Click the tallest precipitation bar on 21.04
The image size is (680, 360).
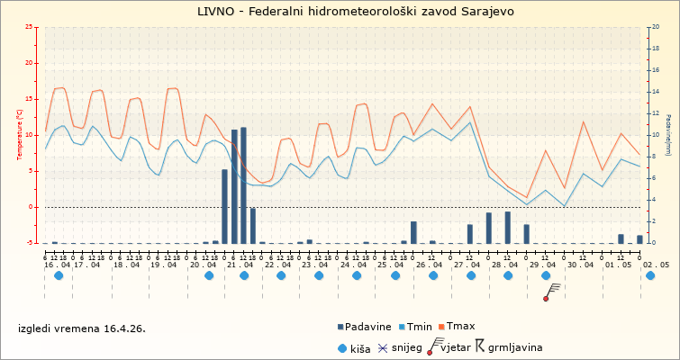click(x=243, y=185)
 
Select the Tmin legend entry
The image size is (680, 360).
click(x=420, y=326)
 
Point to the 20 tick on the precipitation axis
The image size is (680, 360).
click(x=655, y=27)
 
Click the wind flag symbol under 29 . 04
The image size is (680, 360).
click(x=551, y=291)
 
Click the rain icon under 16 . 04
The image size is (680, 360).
click(x=59, y=275)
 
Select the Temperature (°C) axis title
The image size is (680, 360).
click(x=19, y=135)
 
